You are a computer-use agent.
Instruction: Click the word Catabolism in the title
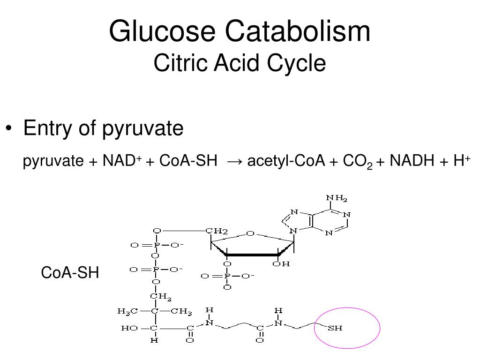[298, 31]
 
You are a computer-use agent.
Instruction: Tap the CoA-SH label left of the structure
[70, 272]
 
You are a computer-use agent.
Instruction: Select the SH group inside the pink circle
[335, 328]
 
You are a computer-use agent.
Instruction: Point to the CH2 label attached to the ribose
[217, 231]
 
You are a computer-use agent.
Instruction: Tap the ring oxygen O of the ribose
[250, 233]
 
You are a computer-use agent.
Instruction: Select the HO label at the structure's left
[129, 328]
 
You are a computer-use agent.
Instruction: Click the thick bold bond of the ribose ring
[254, 255]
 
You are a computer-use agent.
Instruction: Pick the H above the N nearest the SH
[278, 310]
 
